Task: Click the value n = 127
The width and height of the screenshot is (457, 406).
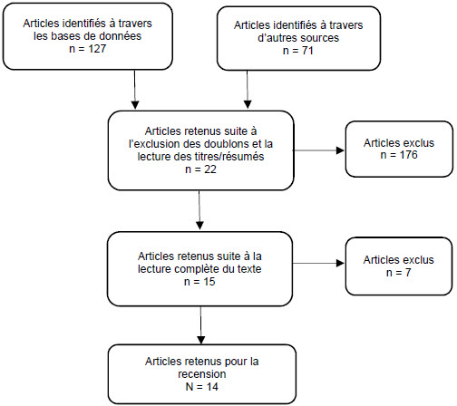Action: (88, 49)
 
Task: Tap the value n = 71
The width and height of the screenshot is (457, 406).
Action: (298, 51)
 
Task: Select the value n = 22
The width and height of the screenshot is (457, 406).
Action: (200, 169)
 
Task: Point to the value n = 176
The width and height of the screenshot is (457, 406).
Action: (399, 155)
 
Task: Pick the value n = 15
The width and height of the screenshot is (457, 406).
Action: (199, 282)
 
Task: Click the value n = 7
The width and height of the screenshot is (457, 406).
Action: (399, 273)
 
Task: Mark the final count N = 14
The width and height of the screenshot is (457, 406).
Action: (201, 387)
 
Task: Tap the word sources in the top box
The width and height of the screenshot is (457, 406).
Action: (320, 38)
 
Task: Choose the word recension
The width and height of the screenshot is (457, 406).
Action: (202, 374)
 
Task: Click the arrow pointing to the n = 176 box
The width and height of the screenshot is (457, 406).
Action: (318, 150)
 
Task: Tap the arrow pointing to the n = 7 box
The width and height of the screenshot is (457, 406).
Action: (318, 264)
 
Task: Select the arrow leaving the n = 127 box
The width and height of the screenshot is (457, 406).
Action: (135, 90)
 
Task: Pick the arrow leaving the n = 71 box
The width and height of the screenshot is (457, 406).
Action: (248, 90)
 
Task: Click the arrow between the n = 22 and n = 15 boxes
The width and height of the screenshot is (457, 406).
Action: (199, 210)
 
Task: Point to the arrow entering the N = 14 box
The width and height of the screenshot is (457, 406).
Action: (200, 324)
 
